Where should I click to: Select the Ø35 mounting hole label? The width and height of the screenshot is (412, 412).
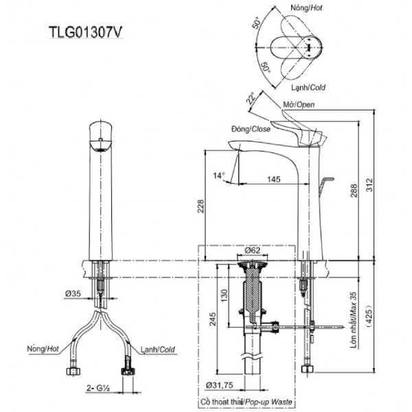[74, 294]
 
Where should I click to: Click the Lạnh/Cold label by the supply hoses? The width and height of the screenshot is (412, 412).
[158, 350]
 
